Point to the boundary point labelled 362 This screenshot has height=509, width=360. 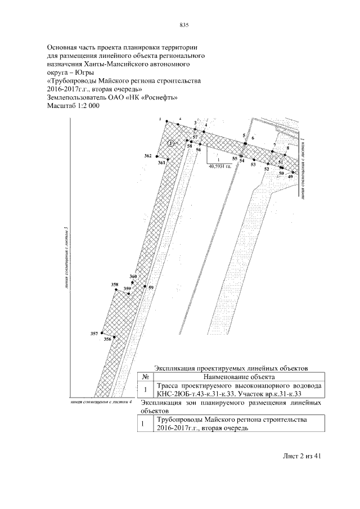coord(148,155)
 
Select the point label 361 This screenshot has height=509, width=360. coord(161,162)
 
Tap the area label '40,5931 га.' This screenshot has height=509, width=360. coord(220,166)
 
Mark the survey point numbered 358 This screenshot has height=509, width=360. coord(115,285)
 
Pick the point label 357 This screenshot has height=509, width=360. coord(94,334)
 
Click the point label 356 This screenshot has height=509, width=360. coord(107,340)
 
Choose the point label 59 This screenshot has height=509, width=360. coord(151,287)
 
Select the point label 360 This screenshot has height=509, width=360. coord(133,277)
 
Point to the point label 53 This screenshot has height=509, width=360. coord(253,165)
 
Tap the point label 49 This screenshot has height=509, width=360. coord(290,177)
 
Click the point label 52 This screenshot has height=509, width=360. coord(267,169)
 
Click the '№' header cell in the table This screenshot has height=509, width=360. coord(145,376)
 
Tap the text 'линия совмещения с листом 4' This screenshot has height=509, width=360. coord(99,402)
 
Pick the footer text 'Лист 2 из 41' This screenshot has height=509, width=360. coord(301,456)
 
